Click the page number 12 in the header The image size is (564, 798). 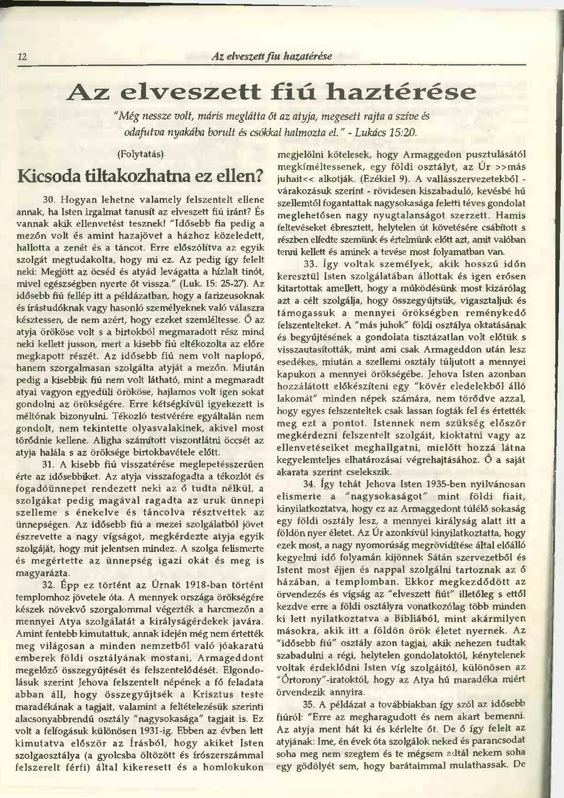tap(22, 57)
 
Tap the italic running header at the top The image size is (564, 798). tap(272, 56)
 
